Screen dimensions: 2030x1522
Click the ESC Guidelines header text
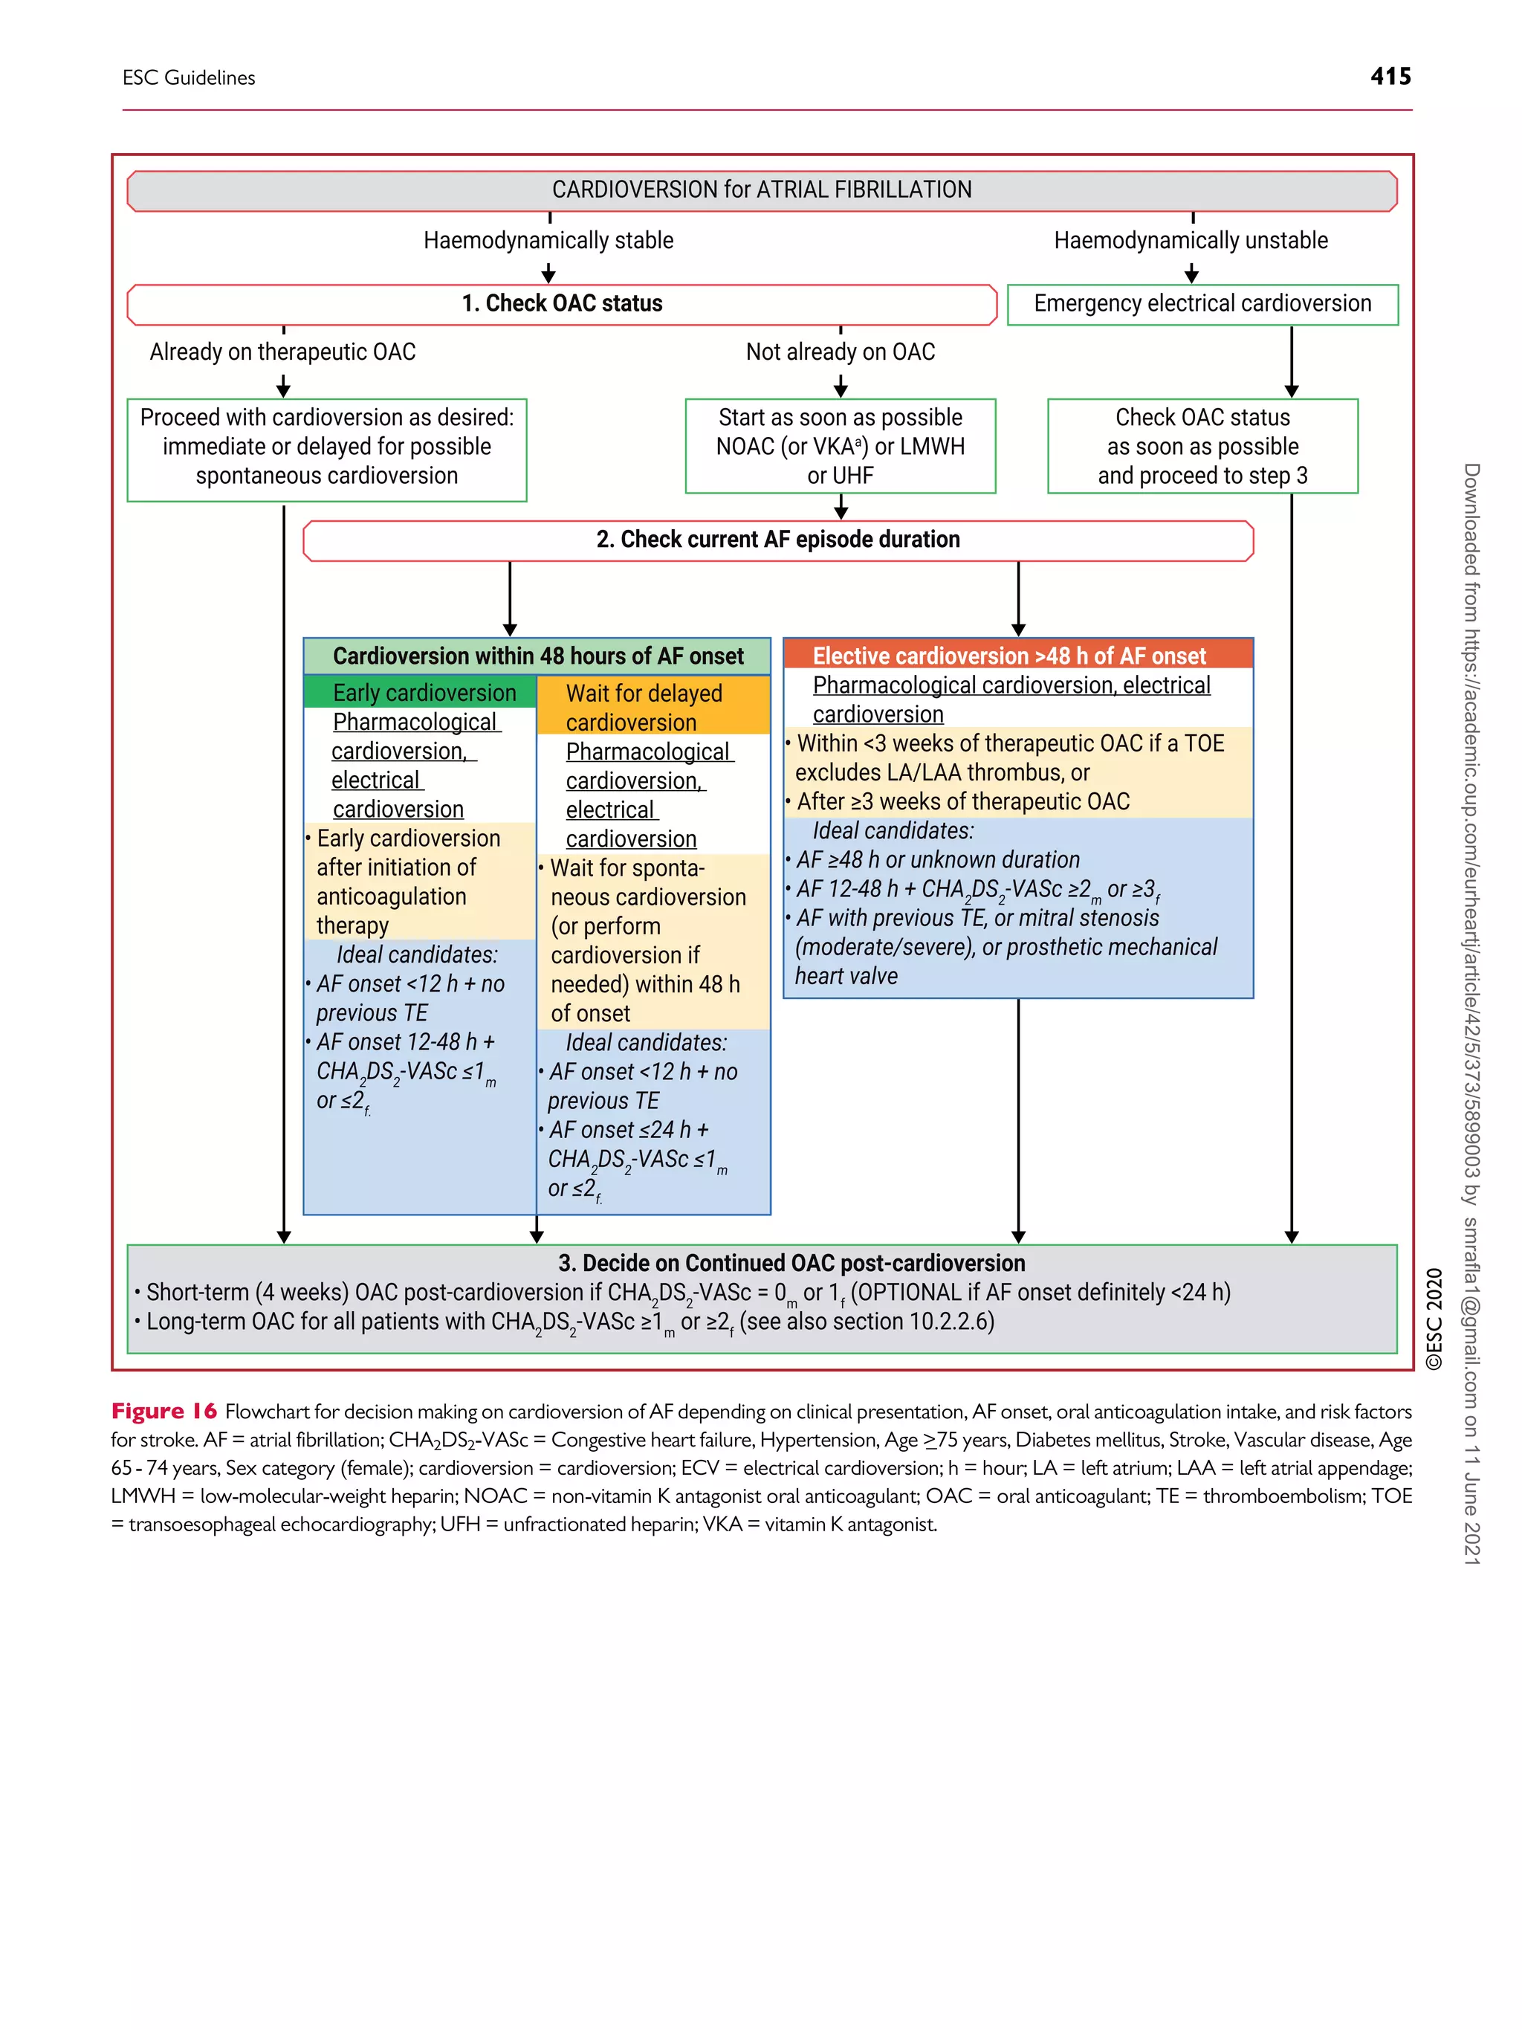(x=189, y=78)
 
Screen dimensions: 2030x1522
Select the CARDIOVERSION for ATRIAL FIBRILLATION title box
(x=762, y=190)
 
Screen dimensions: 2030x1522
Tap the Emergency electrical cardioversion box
(x=1202, y=304)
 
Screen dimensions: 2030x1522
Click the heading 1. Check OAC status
(x=562, y=304)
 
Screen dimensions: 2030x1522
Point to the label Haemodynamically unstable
(x=1190, y=240)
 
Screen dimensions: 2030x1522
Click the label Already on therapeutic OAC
(x=282, y=352)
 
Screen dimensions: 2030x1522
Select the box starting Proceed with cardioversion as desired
(x=326, y=447)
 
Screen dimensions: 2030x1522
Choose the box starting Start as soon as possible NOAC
(x=841, y=446)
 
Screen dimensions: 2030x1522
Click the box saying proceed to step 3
(x=1202, y=447)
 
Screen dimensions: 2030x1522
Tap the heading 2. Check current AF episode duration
(x=778, y=540)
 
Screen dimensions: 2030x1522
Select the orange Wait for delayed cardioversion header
(x=652, y=707)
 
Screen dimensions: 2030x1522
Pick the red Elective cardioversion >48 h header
(x=1009, y=656)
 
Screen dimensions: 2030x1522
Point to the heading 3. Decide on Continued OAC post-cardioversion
(x=791, y=1263)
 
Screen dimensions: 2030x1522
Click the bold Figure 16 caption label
(x=164, y=1412)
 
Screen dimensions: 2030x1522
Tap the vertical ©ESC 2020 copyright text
(x=1434, y=1319)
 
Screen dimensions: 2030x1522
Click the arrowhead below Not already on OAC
(x=841, y=388)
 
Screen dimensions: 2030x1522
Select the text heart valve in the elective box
(x=846, y=977)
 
